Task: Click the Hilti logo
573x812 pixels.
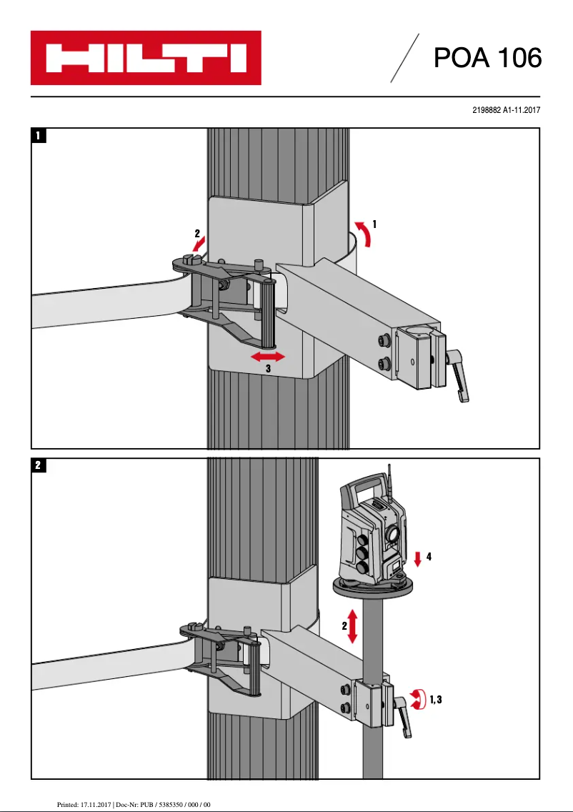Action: (x=146, y=58)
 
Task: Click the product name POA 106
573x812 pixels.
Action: (x=487, y=58)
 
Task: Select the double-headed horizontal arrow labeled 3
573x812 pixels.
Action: (x=267, y=356)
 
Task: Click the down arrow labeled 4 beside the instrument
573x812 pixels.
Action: (x=419, y=558)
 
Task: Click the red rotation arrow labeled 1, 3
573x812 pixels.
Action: (x=415, y=698)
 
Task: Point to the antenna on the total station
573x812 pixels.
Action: (x=390, y=482)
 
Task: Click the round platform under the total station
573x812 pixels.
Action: (x=373, y=588)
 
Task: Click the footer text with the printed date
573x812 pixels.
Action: (x=134, y=804)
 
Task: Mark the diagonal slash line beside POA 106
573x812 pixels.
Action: (x=404, y=58)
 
